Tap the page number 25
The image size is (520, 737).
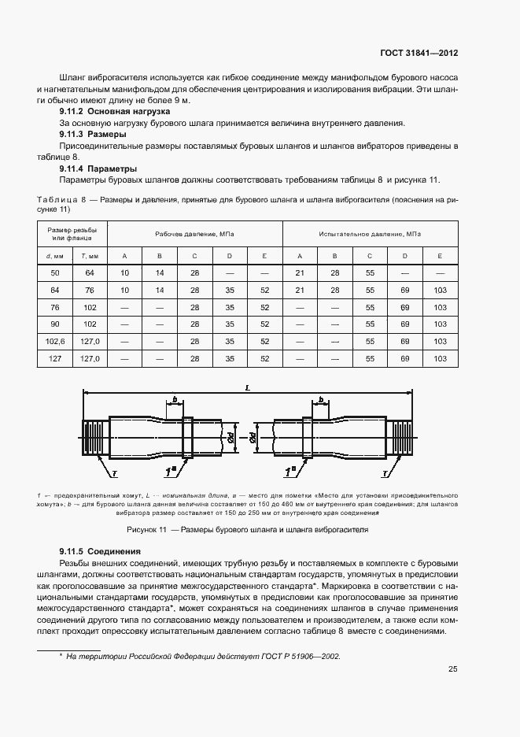[452, 670]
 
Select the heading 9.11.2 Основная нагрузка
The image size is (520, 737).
[116, 113]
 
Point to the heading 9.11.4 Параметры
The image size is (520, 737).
[98, 169]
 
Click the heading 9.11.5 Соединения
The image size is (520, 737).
[100, 551]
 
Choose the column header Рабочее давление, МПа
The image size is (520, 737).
[194, 235]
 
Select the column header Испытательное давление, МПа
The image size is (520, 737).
[370, 235]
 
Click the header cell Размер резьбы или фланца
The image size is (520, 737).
[73, 234]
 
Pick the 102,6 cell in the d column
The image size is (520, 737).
[55, 341]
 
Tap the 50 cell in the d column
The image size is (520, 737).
[55, 272]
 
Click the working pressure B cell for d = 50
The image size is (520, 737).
[160, 272]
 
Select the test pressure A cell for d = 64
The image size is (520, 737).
[300, 290]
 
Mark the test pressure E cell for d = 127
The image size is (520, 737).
[440, 358]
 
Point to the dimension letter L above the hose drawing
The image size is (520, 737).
[248, 387]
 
